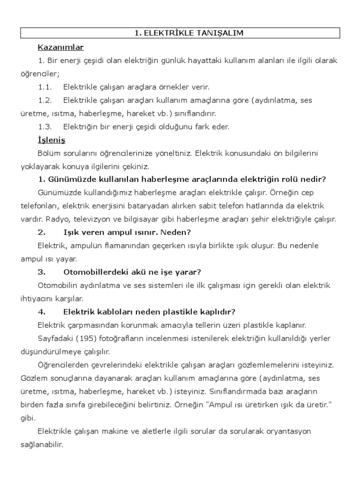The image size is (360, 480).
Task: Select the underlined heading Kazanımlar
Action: [60, 47]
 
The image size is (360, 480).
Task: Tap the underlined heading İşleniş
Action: [51, 140]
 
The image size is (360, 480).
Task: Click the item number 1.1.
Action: [45, 87]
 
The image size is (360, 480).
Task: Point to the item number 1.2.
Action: [45, 100]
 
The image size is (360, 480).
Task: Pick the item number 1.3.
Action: [45, 127]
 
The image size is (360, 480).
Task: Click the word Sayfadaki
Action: [55, 338]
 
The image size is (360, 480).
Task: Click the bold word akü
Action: [143, 272]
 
